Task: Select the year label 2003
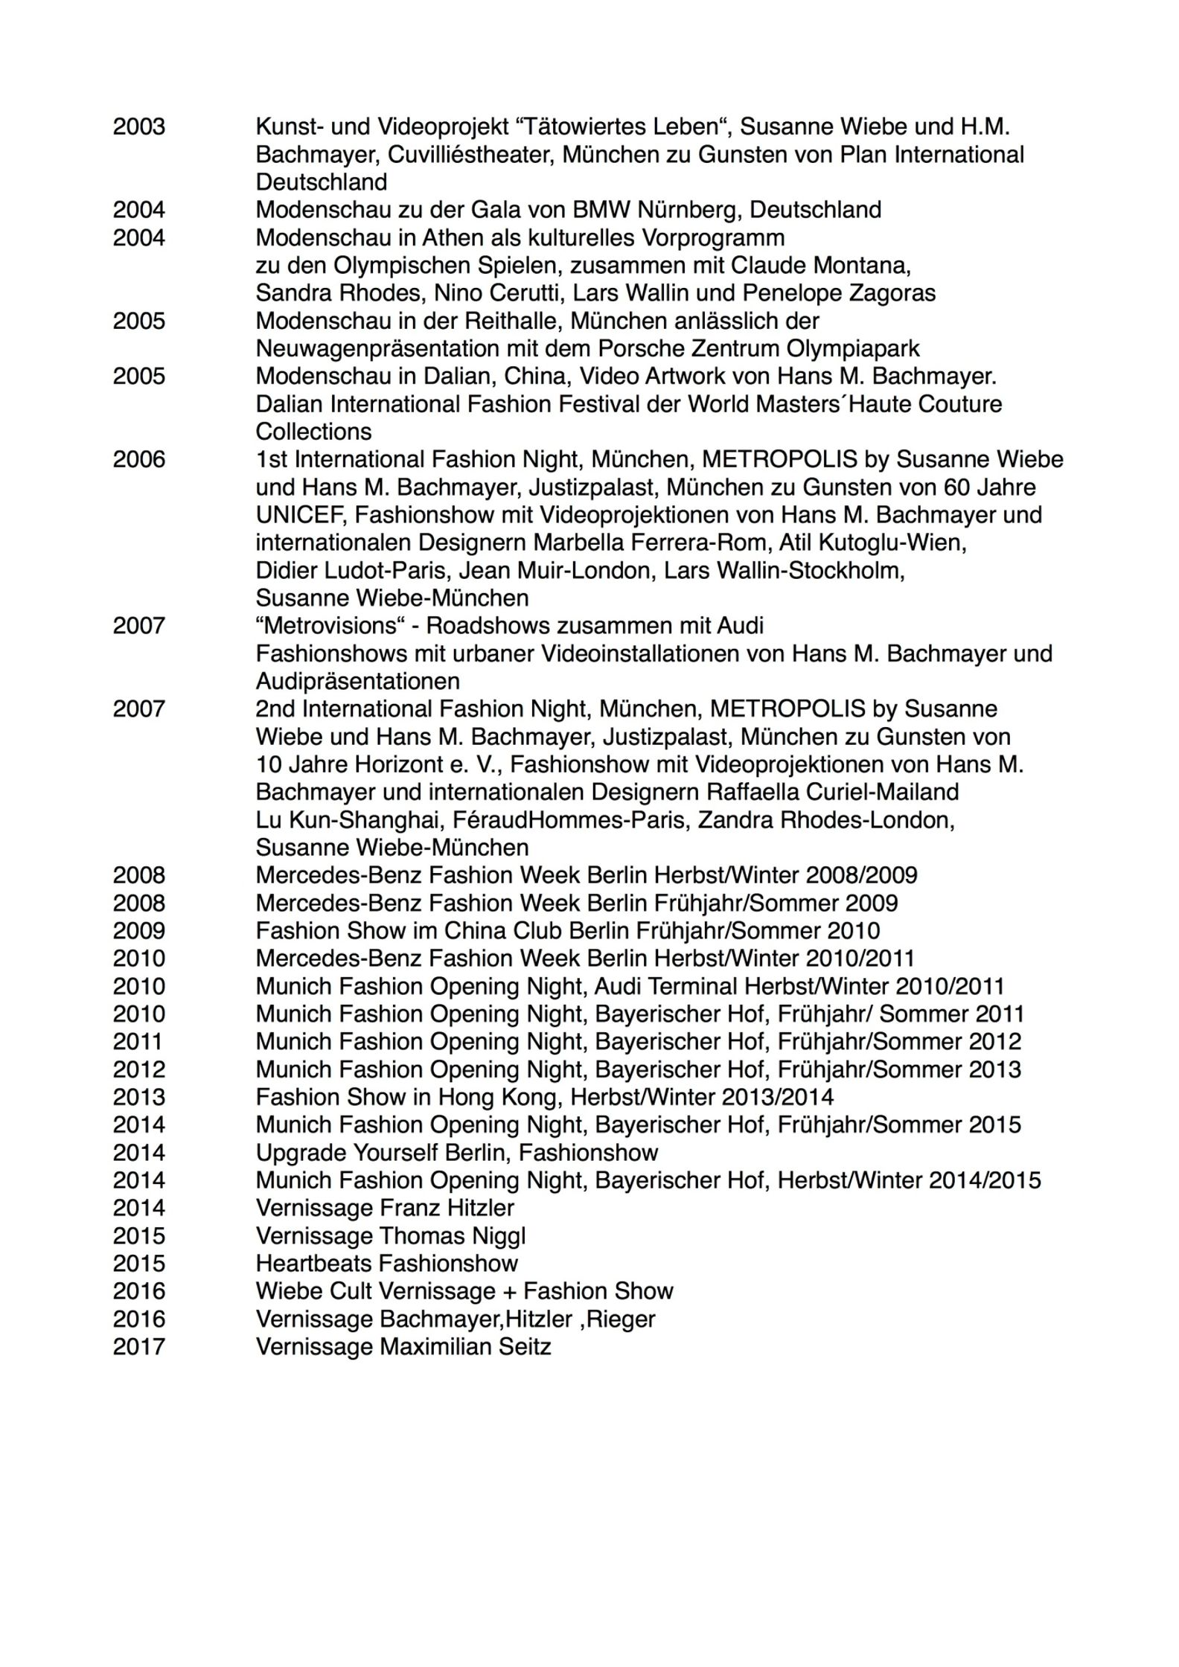click(x=139, y=127)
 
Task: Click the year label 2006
click(x=139, y=459)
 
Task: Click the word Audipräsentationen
click(x=357, y=682)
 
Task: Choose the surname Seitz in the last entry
click(x=519, y=1347)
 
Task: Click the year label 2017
click(x=139, y=1347)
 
